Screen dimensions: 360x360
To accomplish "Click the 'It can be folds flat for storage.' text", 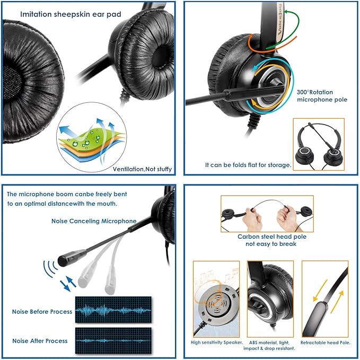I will pyautogui.click(x=248, y=165).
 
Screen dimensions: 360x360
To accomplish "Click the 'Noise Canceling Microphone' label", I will pyautogui.click(x=94, y=221).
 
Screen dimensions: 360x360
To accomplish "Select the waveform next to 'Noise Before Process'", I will pyautogui.click(x=112, y=310).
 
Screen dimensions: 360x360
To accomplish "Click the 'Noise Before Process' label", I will pyautogui.click(x=42, y=312).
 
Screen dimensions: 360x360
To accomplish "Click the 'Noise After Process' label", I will pyautogui.click(x=40, y=340).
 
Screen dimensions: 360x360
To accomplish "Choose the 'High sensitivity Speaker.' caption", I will pyautogui.click(x=216, y=343).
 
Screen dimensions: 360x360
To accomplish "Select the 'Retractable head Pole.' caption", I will pyautogui.click(x=325, y=343).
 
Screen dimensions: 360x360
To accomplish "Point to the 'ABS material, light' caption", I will pyautogui.click(x=270, y=343).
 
